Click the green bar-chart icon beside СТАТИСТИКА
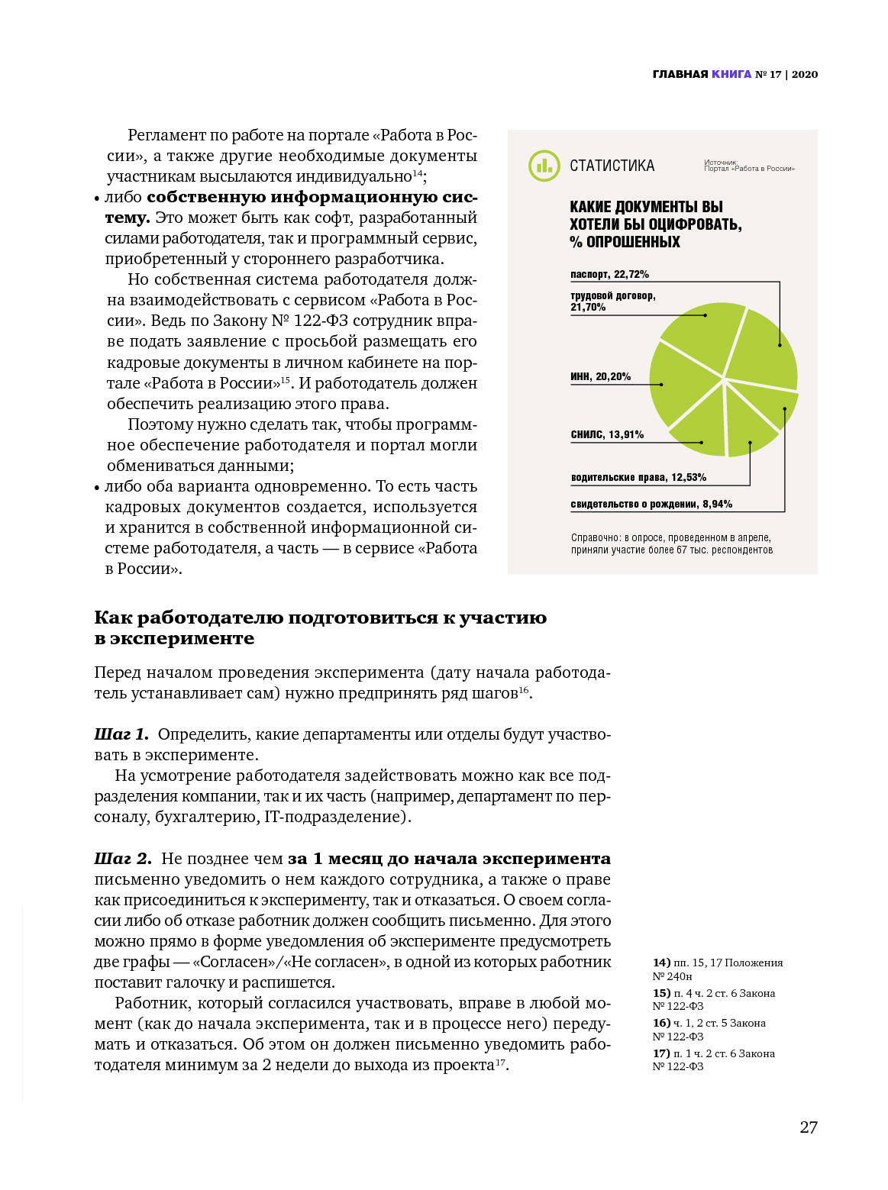(x=544, y=166)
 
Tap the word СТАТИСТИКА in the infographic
(x=612, y=166)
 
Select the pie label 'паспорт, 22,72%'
(x=609, y=274)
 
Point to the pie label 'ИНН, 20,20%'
(x=600, y=376)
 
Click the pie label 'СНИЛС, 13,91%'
(x=607, y=434)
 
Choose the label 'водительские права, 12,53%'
(x=638, y=477)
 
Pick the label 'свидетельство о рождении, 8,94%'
(x=651, y=504)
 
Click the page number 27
(x=808, y=1127)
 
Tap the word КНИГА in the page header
(x=731, y=74)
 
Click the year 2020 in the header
(x=805, y=74)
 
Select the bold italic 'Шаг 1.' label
(x=121, y=734)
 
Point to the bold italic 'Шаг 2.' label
(x=123, y=859)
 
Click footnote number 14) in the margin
(x=661, y=963)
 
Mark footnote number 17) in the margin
(x=661, y=1053)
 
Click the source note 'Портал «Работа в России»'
(x=749, y=169)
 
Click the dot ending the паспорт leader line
(x=780, y=345)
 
